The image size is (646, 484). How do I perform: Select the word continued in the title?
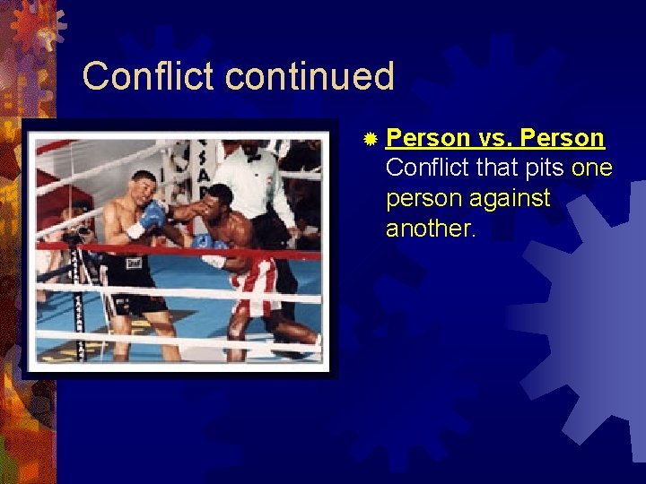pyautogui.click(x=310, y=76)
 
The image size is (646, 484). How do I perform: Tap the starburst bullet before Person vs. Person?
pyautogui.click(x=370, y=139)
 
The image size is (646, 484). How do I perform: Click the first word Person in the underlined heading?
pyautogui.click(x=428, y=138)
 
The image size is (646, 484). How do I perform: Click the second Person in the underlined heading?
pyautogui.click(x=563, y=138)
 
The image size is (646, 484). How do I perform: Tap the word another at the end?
pyautogui.click(x=431, y=229)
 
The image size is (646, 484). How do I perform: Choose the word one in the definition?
pyautogui.click(x=591, y=168)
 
